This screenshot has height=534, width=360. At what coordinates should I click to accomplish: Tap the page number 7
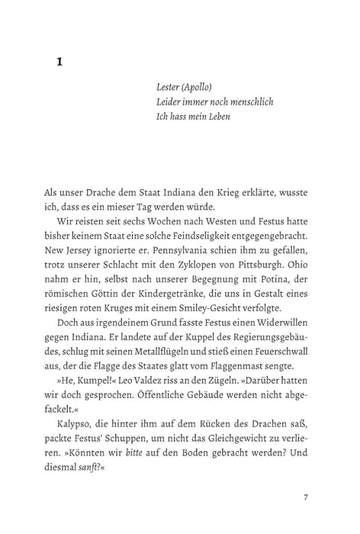(x=304, y=497)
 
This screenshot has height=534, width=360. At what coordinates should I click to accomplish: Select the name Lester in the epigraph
(x=168, y=87)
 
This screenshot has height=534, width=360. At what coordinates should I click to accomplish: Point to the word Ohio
(x=294, y=254)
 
